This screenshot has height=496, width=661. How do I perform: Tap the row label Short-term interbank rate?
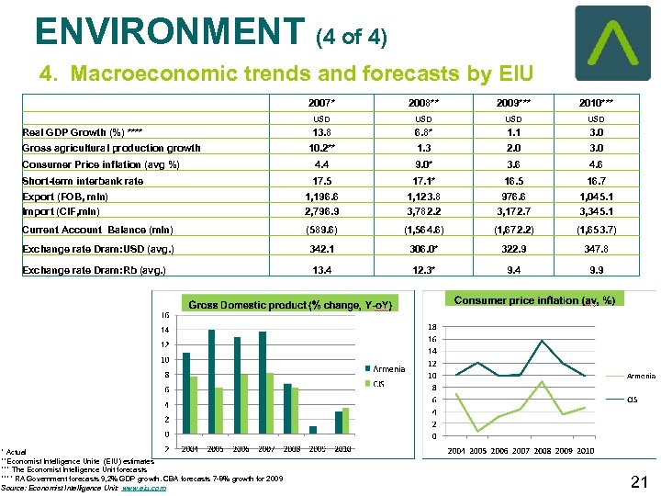[83, 181]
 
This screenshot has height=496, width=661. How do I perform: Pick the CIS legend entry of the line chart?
[632, 399]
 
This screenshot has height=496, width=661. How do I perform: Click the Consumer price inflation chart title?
[534, 300]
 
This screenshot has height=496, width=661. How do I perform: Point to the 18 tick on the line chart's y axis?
[432, 326]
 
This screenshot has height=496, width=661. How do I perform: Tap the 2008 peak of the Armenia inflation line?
[543, 341]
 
